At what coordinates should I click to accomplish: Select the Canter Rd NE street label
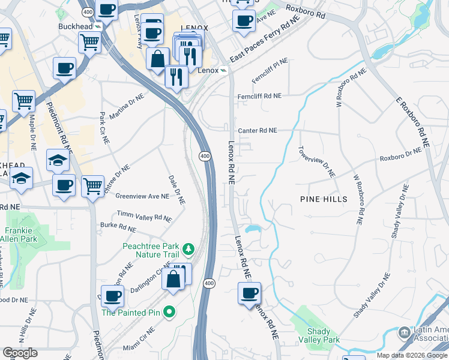pyautogui.click(x=258, y=130)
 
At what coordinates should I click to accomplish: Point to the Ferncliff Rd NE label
pyautogui.click(x=259, y=96)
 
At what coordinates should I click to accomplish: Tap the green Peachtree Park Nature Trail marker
pyautogui.click(x=188, y=248)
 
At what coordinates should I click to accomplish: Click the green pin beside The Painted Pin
pyautogui.click(x=169, y=312)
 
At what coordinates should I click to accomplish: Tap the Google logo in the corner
pyautogui.click(x=20, y=353)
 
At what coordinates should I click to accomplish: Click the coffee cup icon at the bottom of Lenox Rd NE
pyautogui.click(x=249, y=294)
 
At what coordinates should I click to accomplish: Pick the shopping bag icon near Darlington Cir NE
pyautogui.click(x=173, y=279)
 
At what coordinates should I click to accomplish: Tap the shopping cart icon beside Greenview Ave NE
pyautogui.click(x=92, y=186)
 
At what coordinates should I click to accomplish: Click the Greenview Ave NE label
pyautogui.click(x=142, y=196)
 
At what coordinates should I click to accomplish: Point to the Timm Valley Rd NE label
pyautogui.click(x=145, y=216)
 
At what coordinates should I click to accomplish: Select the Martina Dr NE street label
pyautogui.click(x=127, y=106)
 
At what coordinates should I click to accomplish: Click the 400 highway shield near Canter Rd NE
pyautogui.click(x=205, y=156)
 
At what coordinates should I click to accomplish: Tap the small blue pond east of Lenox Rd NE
pyautogui.click(x=253, y=229)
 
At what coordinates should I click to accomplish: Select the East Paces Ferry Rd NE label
pyautogui.click(x=264, y=40)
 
